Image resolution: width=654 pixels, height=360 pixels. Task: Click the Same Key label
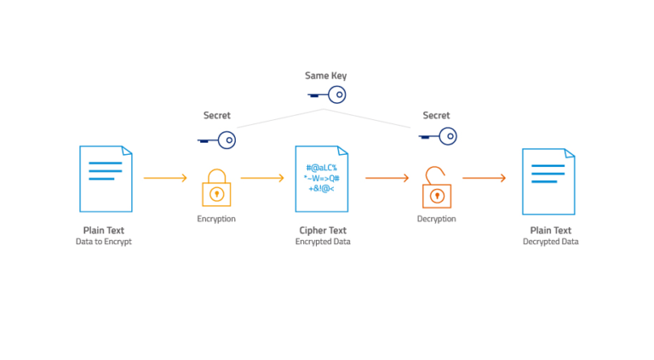click(326, 76)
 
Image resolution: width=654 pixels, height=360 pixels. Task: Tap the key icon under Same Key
click(326, 96)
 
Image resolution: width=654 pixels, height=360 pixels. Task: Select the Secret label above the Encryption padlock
click(216, 116)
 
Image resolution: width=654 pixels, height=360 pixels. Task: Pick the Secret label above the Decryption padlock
click(436, 116)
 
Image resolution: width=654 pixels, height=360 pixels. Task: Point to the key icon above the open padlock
click(437, 136)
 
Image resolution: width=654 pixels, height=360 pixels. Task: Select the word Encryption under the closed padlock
click(216, 219)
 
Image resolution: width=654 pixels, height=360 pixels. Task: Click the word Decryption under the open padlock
click(436, 219)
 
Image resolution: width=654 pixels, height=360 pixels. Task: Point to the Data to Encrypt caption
click(104, 242)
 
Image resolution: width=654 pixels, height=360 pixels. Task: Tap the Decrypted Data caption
click(550, 242)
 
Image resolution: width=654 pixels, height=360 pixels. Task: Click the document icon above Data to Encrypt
click(106, 178)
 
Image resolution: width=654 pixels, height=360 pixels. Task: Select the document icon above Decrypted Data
click(548, 181)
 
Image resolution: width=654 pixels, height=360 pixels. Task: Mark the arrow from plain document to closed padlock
click(165, 178)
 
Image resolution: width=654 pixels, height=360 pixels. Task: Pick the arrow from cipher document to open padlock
click(387, 178)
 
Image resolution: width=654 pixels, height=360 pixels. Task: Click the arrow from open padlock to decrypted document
click(484, 178)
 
